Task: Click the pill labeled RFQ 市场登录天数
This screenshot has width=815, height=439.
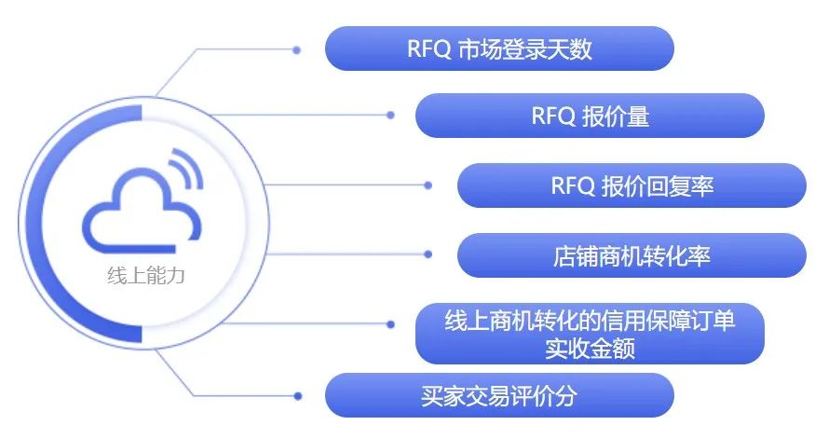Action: point(498,48)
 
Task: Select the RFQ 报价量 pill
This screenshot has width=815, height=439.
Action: point(589,117)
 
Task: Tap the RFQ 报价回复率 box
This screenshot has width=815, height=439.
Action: point(631,185)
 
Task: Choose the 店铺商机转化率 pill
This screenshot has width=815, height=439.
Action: point(631,254)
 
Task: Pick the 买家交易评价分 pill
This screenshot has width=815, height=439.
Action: point(498,395)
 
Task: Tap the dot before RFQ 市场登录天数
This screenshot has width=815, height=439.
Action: point(296,49)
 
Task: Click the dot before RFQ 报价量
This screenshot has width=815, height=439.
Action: point(390,116)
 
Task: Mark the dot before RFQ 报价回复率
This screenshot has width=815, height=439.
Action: point(428,185)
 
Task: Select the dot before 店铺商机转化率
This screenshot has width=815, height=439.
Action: point(428,254)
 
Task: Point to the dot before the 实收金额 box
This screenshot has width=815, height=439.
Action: point(390,323)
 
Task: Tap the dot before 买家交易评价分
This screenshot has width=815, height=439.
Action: point(297,395)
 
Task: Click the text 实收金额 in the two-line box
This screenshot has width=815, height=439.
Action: point(589,348)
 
